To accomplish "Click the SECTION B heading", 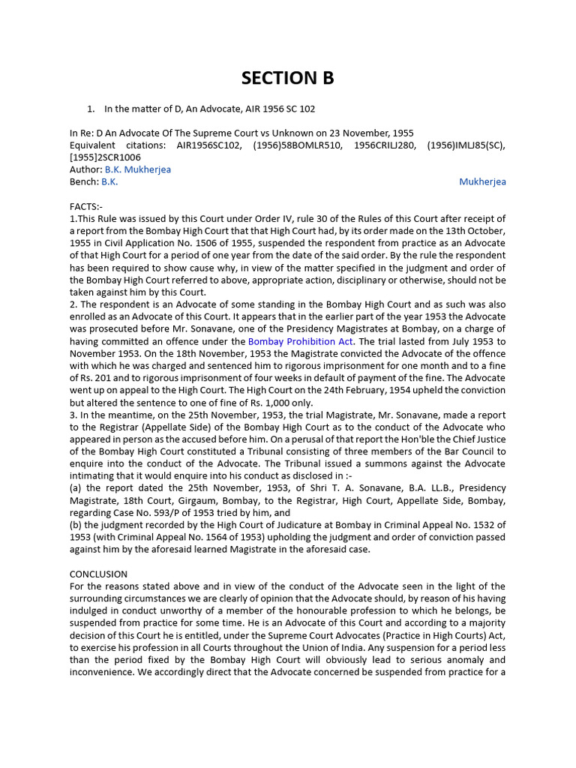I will tap(287, 78).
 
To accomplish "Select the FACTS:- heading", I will tap(87, 206).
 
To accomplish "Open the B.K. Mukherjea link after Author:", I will tap(137, 169).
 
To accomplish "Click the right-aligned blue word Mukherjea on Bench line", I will tap(482, 181).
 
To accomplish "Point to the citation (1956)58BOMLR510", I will tap(292, 145).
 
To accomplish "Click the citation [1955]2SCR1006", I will tap(105, 157).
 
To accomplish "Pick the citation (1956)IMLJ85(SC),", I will tap(466, 145).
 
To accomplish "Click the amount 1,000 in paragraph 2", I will tap(267, 402).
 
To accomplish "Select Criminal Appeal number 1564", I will tap(235, 536).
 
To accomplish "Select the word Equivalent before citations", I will tap(92, 145).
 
